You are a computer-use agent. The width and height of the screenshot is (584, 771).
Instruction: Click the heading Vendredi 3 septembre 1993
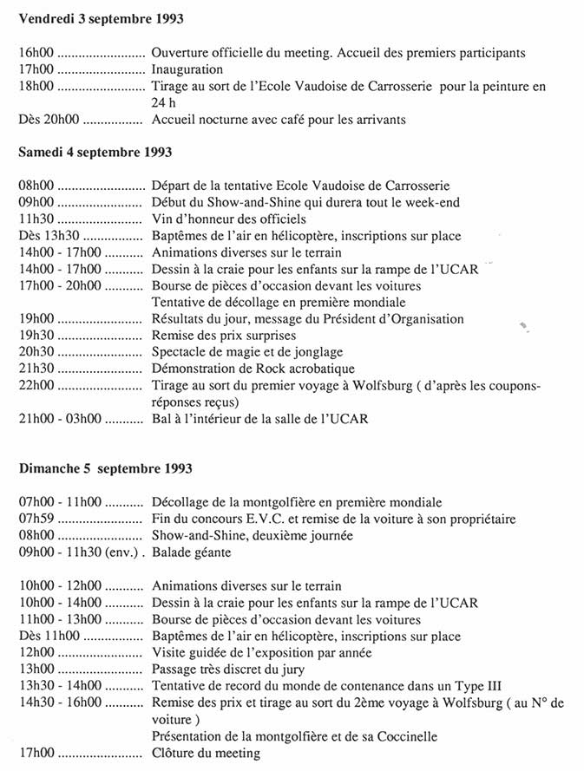click(101, 18)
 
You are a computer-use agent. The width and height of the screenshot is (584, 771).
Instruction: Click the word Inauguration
click(187, 69)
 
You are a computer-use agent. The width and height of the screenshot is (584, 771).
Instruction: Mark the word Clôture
click(174, 755)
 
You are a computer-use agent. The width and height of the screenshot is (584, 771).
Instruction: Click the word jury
click(292, 670)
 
